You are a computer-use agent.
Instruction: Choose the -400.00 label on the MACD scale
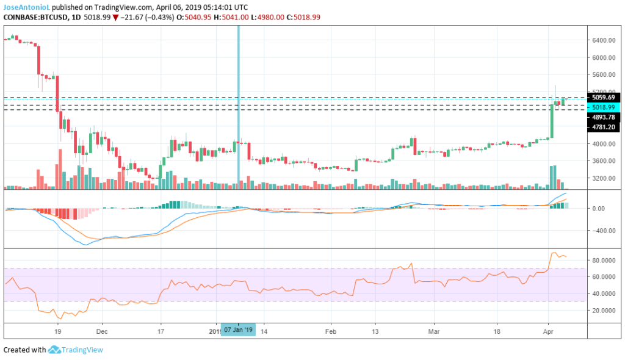point(603,231)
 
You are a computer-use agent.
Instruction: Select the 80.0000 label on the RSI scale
point(603,260)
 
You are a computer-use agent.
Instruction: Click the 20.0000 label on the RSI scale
point(603,310)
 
